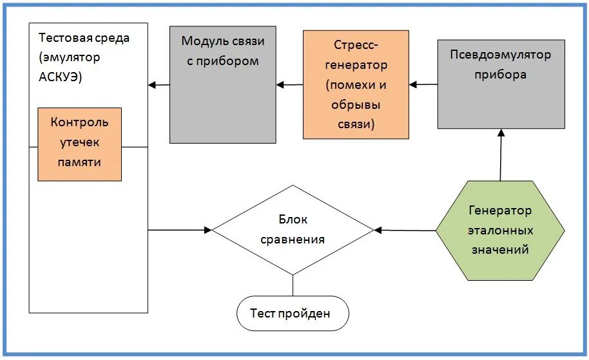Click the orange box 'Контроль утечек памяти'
click(x=79, y=144)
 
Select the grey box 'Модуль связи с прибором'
click(x=222, y=84)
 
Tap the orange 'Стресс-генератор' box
click(x=356, y=84)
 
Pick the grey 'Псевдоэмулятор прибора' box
click(x=500, y=84)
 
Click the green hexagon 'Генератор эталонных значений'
click(x=499, y=230)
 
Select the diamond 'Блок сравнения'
click(x=293, y=230)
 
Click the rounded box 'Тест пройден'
click(x=293, y=314)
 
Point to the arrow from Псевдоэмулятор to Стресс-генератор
click(x=423, y=84)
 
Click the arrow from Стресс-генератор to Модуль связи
click(x=289, y=84)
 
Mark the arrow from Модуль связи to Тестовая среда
click(x=159, y=84)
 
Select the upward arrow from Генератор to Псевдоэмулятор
click(x=500, y=155)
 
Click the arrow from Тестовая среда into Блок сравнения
click(x=180, y=229)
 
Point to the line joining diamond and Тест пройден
click(x=293, y=286)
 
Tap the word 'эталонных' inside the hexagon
click(x=499, y=230)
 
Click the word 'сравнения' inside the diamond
click(x=293, y=240)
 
